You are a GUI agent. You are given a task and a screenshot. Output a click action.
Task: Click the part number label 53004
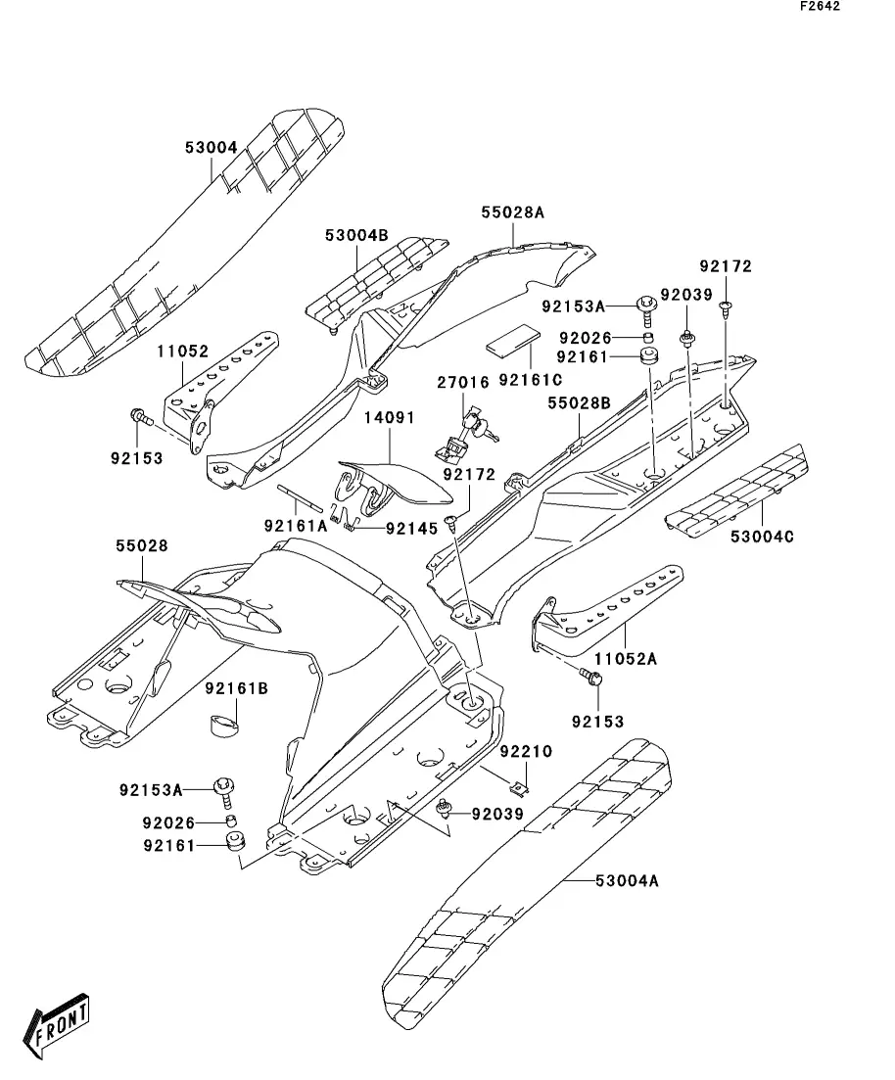(x=211, y=148)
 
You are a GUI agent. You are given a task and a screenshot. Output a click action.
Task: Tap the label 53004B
(x=356, y=235)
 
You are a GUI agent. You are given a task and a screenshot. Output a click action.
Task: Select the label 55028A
(x=511, y=211)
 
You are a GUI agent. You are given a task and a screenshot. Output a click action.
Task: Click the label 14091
(x=390, y=418)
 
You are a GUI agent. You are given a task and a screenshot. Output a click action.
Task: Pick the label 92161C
(x=529, y=379)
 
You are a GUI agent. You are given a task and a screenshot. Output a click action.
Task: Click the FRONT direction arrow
(x=60, y=1027)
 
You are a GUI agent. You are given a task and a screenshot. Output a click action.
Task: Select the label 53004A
(x=626, y=880)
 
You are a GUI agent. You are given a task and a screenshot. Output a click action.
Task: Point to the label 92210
(x=526, y=752)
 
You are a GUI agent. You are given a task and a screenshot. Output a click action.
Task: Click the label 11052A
(x=626, y=658)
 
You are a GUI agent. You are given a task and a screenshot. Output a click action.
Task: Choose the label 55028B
(x=579, y=402)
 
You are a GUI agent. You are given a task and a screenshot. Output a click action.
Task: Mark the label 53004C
(x=761, y=536)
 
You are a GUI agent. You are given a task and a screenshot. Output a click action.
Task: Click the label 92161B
(x=236, y=688)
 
